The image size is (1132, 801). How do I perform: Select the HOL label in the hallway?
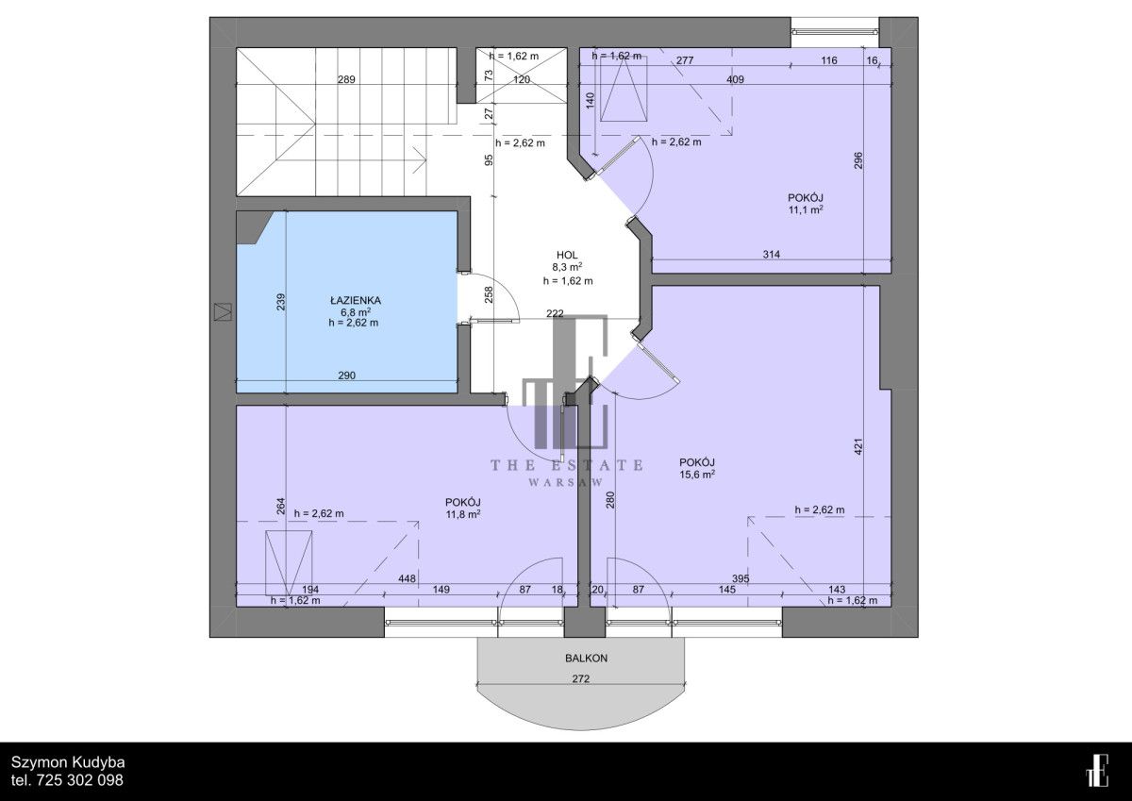(x=567, y=256)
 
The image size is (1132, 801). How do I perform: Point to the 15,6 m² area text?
(x=697, y=474)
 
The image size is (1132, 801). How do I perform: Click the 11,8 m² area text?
(x=462, y=514)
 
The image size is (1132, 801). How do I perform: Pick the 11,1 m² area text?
(x=806, y=209)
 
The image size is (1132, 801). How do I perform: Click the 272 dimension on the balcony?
(x=581, y=679)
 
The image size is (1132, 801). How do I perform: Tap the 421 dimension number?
(x=858, y=447)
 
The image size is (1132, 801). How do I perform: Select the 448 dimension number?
(x=407, y=578)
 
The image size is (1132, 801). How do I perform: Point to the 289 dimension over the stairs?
(x=347, y=79)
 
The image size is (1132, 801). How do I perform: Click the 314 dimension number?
(x=772, y=255)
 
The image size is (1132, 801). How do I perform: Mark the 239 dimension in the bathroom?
(x=281, y=302)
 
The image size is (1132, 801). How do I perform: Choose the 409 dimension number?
(x=735, y=79)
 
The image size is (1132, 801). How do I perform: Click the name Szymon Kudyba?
(x=68, y=762)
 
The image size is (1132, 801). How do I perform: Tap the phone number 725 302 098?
(x=80, y=780)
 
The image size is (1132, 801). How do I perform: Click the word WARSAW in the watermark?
(x=566, y=483)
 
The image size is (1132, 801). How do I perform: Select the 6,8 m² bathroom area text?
(x=353, y=311)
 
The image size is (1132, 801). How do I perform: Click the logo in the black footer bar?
(x=1097, y=770)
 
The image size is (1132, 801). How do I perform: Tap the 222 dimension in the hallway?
(x=555, y=313)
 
